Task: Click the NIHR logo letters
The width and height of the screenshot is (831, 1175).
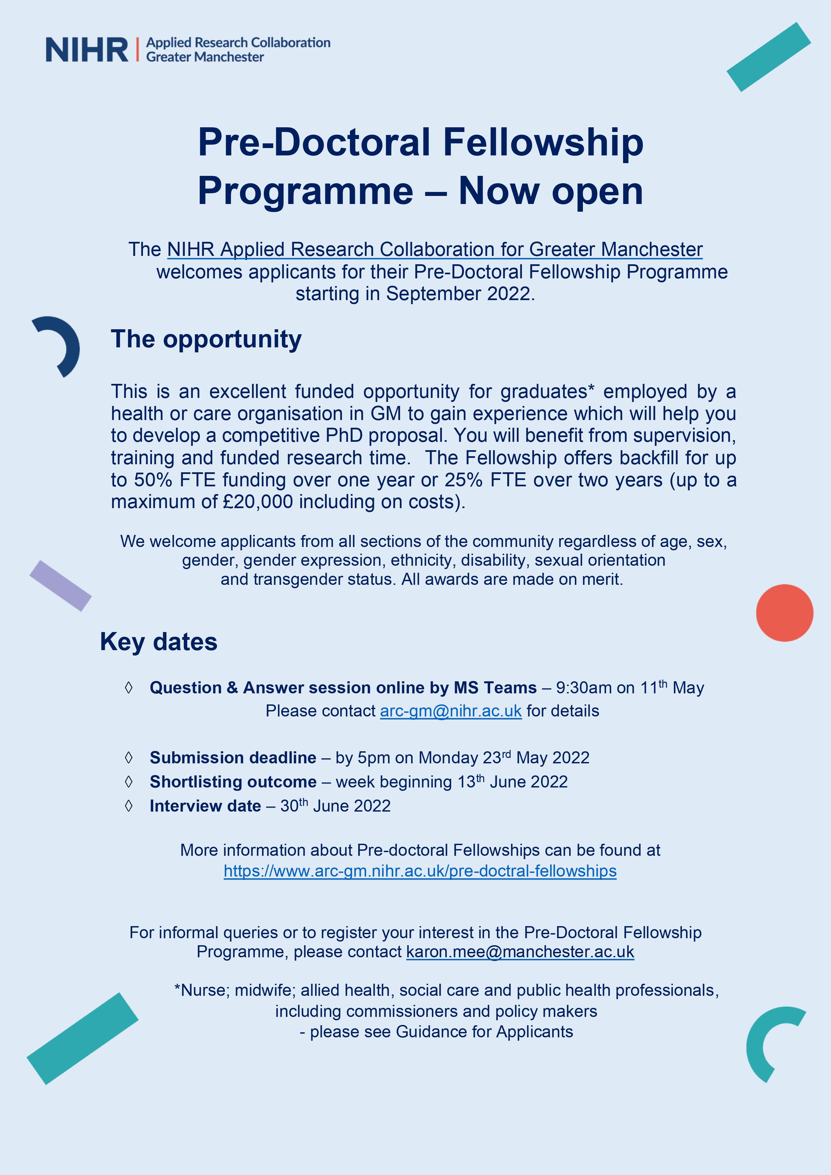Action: (87, 50)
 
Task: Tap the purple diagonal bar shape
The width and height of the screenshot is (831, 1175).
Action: (60, 585)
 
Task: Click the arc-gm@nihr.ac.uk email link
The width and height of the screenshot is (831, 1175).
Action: (450, 711)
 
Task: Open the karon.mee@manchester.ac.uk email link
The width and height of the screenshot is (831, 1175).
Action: (520, 951)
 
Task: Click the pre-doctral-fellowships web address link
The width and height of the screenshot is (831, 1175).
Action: (420, 871)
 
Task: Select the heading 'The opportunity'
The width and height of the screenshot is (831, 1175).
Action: (206, 339)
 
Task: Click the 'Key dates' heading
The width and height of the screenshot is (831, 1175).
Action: (159, 641)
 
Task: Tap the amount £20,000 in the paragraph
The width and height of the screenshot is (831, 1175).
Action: (258, 501)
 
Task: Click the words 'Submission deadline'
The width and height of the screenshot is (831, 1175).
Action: (233, 757)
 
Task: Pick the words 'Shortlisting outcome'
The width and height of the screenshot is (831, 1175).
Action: (233, 781)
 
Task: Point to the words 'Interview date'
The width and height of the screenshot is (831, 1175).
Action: (205, 806)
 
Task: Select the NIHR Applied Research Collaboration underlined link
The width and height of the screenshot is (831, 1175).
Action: (435, 249)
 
